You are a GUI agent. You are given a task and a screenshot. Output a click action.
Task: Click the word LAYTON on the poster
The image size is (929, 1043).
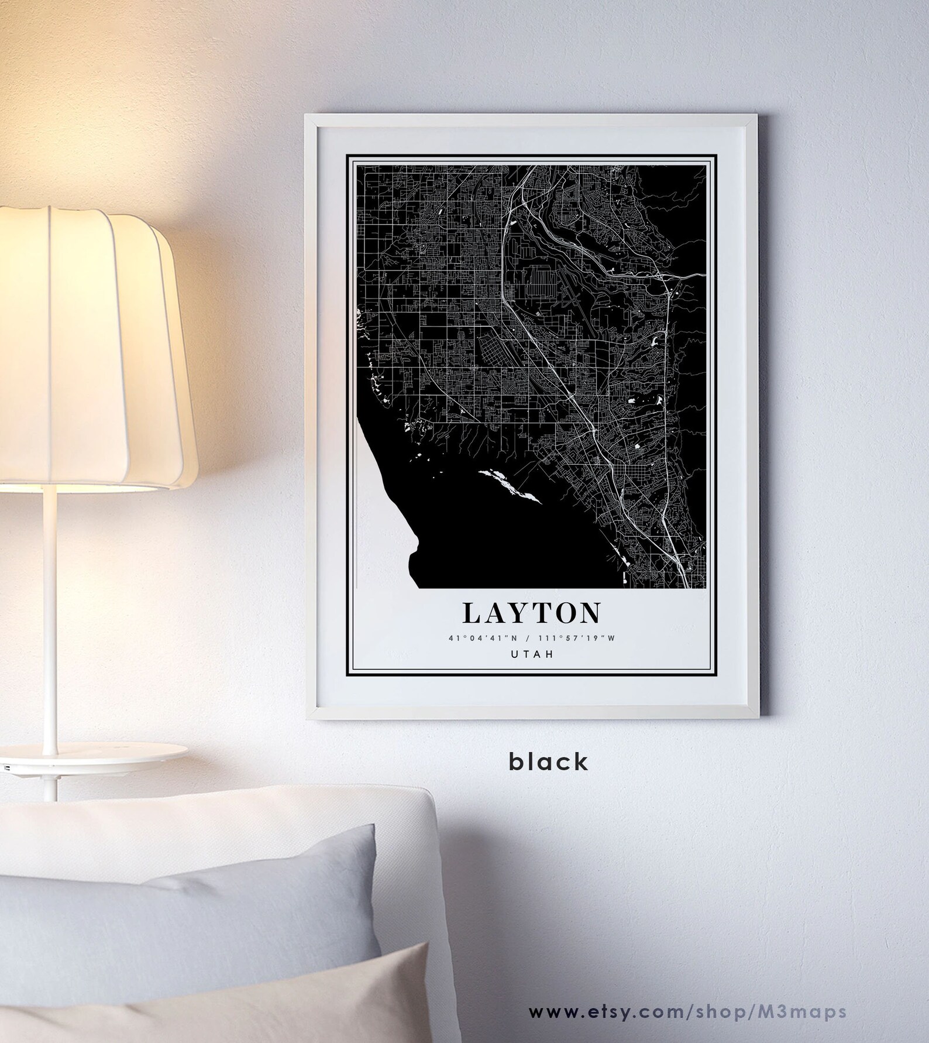(531, 613)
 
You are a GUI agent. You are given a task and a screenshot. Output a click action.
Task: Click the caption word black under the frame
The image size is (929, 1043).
(548, 762)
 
